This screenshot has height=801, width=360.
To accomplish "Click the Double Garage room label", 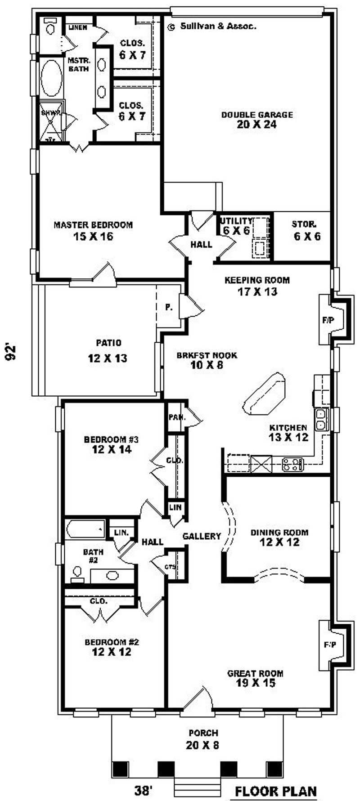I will (256, 120).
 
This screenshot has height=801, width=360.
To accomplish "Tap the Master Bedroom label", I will (93, 230).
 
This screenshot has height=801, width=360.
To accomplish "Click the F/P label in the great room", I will (329, 644).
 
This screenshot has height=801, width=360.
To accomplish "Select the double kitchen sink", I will (322, 419).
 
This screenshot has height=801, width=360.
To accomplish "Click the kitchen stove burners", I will (293, 464).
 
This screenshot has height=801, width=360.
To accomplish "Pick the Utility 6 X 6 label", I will (236, 225).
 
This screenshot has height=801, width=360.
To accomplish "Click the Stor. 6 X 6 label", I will (307, 230).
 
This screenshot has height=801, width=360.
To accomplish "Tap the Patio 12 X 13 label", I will (108, 351).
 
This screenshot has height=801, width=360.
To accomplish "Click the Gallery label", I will (202, 536).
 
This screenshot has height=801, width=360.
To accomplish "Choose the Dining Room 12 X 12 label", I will (279, 537).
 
